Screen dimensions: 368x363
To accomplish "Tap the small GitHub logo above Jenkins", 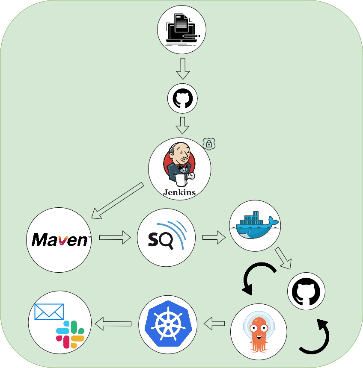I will (182, 99).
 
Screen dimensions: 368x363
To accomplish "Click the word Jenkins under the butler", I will (179, 192).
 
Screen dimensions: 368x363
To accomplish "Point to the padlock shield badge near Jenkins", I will (209, 144).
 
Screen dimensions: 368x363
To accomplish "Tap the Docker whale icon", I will (254, 225).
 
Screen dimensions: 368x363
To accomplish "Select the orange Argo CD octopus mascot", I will (258, 333).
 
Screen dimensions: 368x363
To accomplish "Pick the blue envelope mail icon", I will (49, 312).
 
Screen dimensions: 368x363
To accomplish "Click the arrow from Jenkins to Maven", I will (117, 201).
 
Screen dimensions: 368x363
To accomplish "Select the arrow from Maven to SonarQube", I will (115, 237).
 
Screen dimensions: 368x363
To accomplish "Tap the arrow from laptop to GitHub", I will (183, 68).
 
